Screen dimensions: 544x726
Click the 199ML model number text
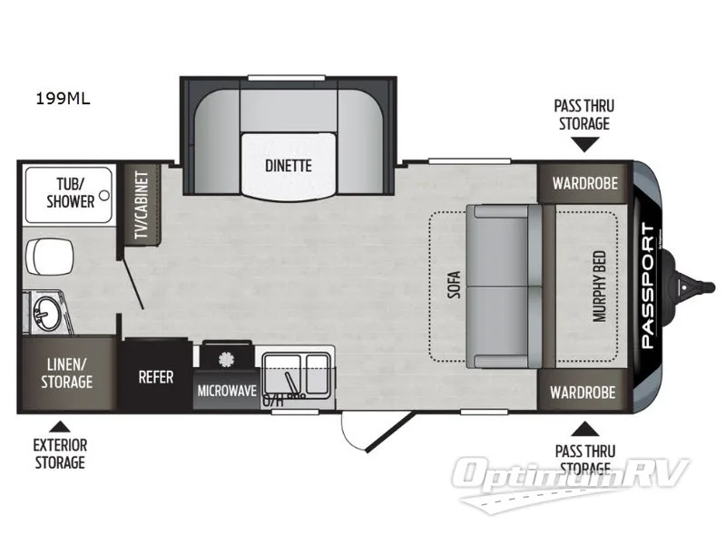pos(64,99)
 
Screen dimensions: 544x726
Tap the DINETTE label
pos(289,166)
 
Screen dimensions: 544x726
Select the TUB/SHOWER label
pos(70,192)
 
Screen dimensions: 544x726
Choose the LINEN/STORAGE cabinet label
pos(66,373)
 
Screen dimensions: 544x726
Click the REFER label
pos(155,377)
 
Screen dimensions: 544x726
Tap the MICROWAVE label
pos(226,391)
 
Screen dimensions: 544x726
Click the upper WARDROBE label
pos(584,182)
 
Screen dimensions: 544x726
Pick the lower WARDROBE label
pos(584,393)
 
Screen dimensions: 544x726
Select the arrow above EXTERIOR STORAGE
pos(60,425)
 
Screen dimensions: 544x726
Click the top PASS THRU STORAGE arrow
pos(584,143)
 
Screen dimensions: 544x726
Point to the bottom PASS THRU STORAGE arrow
pos(584,427)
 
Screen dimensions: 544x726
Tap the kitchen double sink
pos(296,373)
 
